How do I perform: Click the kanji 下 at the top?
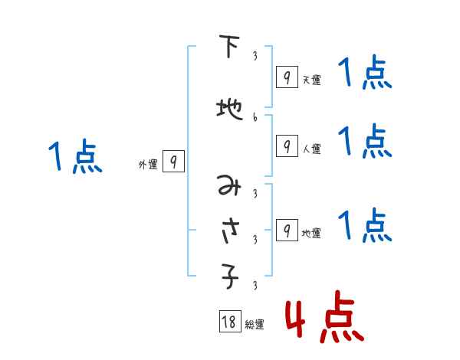coord(228,48)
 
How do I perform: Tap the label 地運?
coord(311,233)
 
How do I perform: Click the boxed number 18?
coord(229,322)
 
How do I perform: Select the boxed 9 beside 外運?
coord(173,162)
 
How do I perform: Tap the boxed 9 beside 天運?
coord(286,77)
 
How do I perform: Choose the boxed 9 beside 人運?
coord(286,146)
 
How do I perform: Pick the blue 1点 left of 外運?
coord(74,157)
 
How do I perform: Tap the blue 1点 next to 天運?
coord(366,74)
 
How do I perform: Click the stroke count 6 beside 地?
coord(255,117)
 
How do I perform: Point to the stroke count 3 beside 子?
coord(255,286)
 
